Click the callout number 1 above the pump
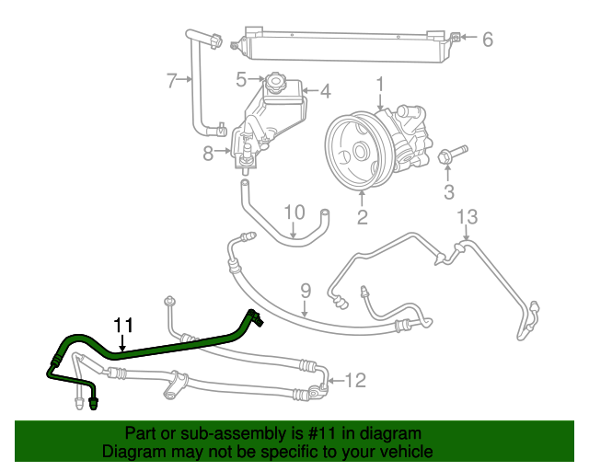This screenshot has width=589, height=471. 379,86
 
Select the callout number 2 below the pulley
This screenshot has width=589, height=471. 362,218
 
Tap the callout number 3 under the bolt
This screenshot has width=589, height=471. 449,191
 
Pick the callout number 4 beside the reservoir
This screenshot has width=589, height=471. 323,91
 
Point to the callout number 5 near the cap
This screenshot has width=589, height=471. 241,79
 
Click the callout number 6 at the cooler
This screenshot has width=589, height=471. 488,39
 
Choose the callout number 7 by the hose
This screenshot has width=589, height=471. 172,81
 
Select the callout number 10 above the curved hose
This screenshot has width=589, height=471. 293,213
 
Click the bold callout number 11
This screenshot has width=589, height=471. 123,325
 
